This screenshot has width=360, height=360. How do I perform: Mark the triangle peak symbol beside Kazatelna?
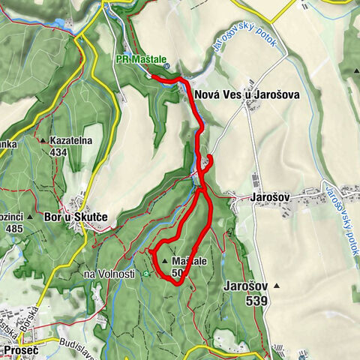coord(43,140)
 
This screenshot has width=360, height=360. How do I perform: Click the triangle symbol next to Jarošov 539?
coord(277,286)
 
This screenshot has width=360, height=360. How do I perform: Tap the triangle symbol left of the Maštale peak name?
coord(164,261)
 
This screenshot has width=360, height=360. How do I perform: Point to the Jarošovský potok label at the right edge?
coord(342,205)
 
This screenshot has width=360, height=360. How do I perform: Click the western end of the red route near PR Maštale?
coord(150,76)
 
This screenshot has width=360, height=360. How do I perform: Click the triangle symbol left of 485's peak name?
coord(29,217)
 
